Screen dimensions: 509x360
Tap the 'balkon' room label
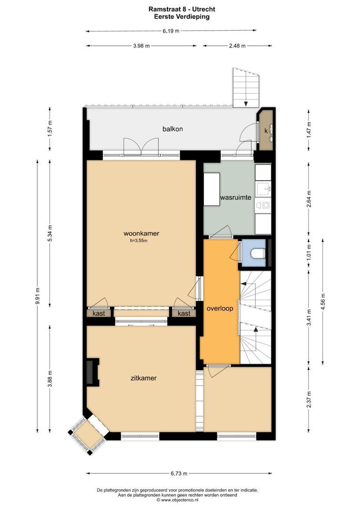click(x=172, y=129)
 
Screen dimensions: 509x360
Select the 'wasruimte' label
click(x=235, y=197)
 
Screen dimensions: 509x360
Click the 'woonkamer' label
click(x=141, y=233)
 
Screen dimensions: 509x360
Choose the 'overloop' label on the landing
click(x=220, y=308)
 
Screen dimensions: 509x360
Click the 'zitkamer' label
click(x=143, y=378)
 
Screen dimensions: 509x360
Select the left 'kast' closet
click(x=99, y=313)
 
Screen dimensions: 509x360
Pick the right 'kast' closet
click(x=184, y=313)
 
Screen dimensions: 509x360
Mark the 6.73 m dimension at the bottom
click(x=179, y=473)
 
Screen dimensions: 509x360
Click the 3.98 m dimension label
click(x=141, y=46)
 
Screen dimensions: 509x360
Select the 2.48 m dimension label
click(x=237, y=46)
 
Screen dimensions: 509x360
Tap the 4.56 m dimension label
click(x=322, y=300)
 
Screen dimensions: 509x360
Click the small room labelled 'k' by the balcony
click(x=266, y=130)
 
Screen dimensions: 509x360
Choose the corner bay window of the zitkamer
click(x=87, y=435)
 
